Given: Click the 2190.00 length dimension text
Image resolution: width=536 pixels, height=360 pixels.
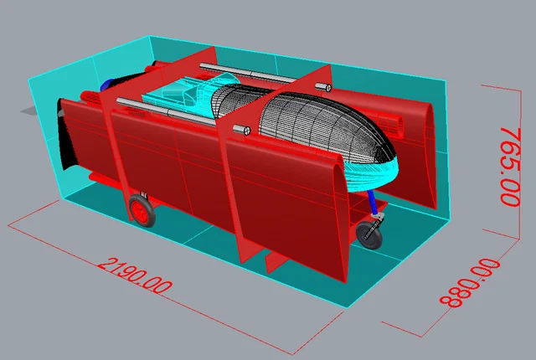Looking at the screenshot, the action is [x=135, y=276].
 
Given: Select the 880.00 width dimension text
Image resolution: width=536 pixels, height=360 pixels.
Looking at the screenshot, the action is [x=470, y=283].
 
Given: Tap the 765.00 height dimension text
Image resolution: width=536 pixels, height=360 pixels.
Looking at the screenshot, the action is [x=510, y=167].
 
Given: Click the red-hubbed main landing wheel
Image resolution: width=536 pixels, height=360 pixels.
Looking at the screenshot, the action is [x=142, y=210].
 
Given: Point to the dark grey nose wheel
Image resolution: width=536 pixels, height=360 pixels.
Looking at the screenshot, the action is [x=369, y=235].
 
